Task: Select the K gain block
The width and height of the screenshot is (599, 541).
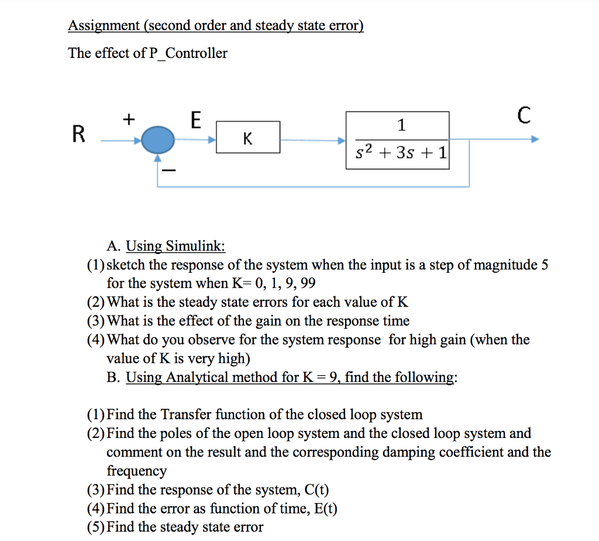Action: [248, 139]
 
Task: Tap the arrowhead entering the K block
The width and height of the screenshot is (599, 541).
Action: [212, 141]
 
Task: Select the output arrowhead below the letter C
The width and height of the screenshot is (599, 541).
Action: [535, 141]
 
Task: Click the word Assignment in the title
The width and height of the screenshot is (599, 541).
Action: [104, 26]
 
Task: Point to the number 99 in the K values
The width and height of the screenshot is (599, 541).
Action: [307, 283]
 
